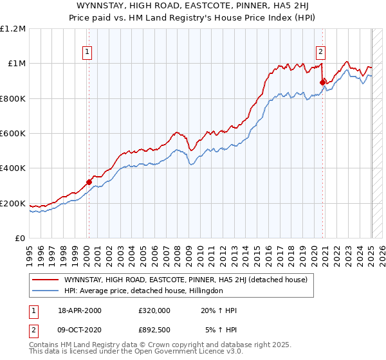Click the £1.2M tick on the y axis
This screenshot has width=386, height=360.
[x=13, y=28]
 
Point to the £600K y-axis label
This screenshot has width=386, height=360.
[x=13, y=134]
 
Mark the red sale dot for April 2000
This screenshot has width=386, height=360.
[x=89, y=182]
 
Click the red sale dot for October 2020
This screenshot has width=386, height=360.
[x=322, y=82]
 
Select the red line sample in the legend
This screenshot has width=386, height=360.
[x=45, y=280]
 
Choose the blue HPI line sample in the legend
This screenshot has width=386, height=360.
[x=45, y=291]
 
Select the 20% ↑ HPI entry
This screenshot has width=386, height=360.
[x=219, y=310]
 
